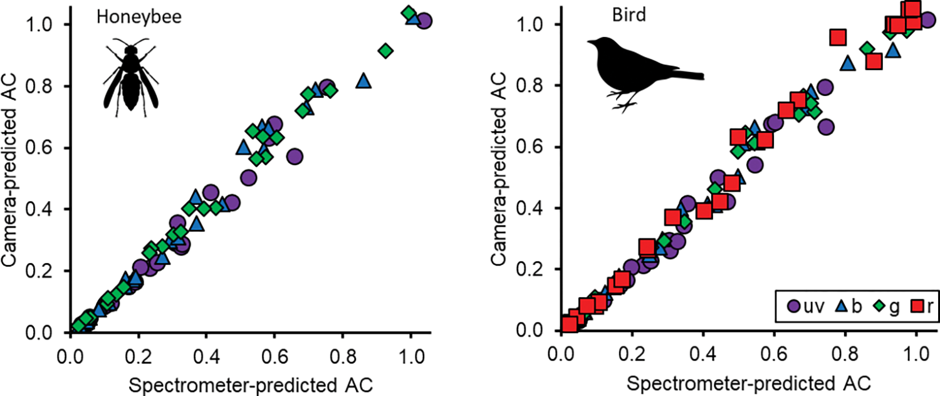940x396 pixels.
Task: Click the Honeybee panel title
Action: coord(138,18)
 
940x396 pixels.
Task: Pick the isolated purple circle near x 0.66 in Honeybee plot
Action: coord(295,156)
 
